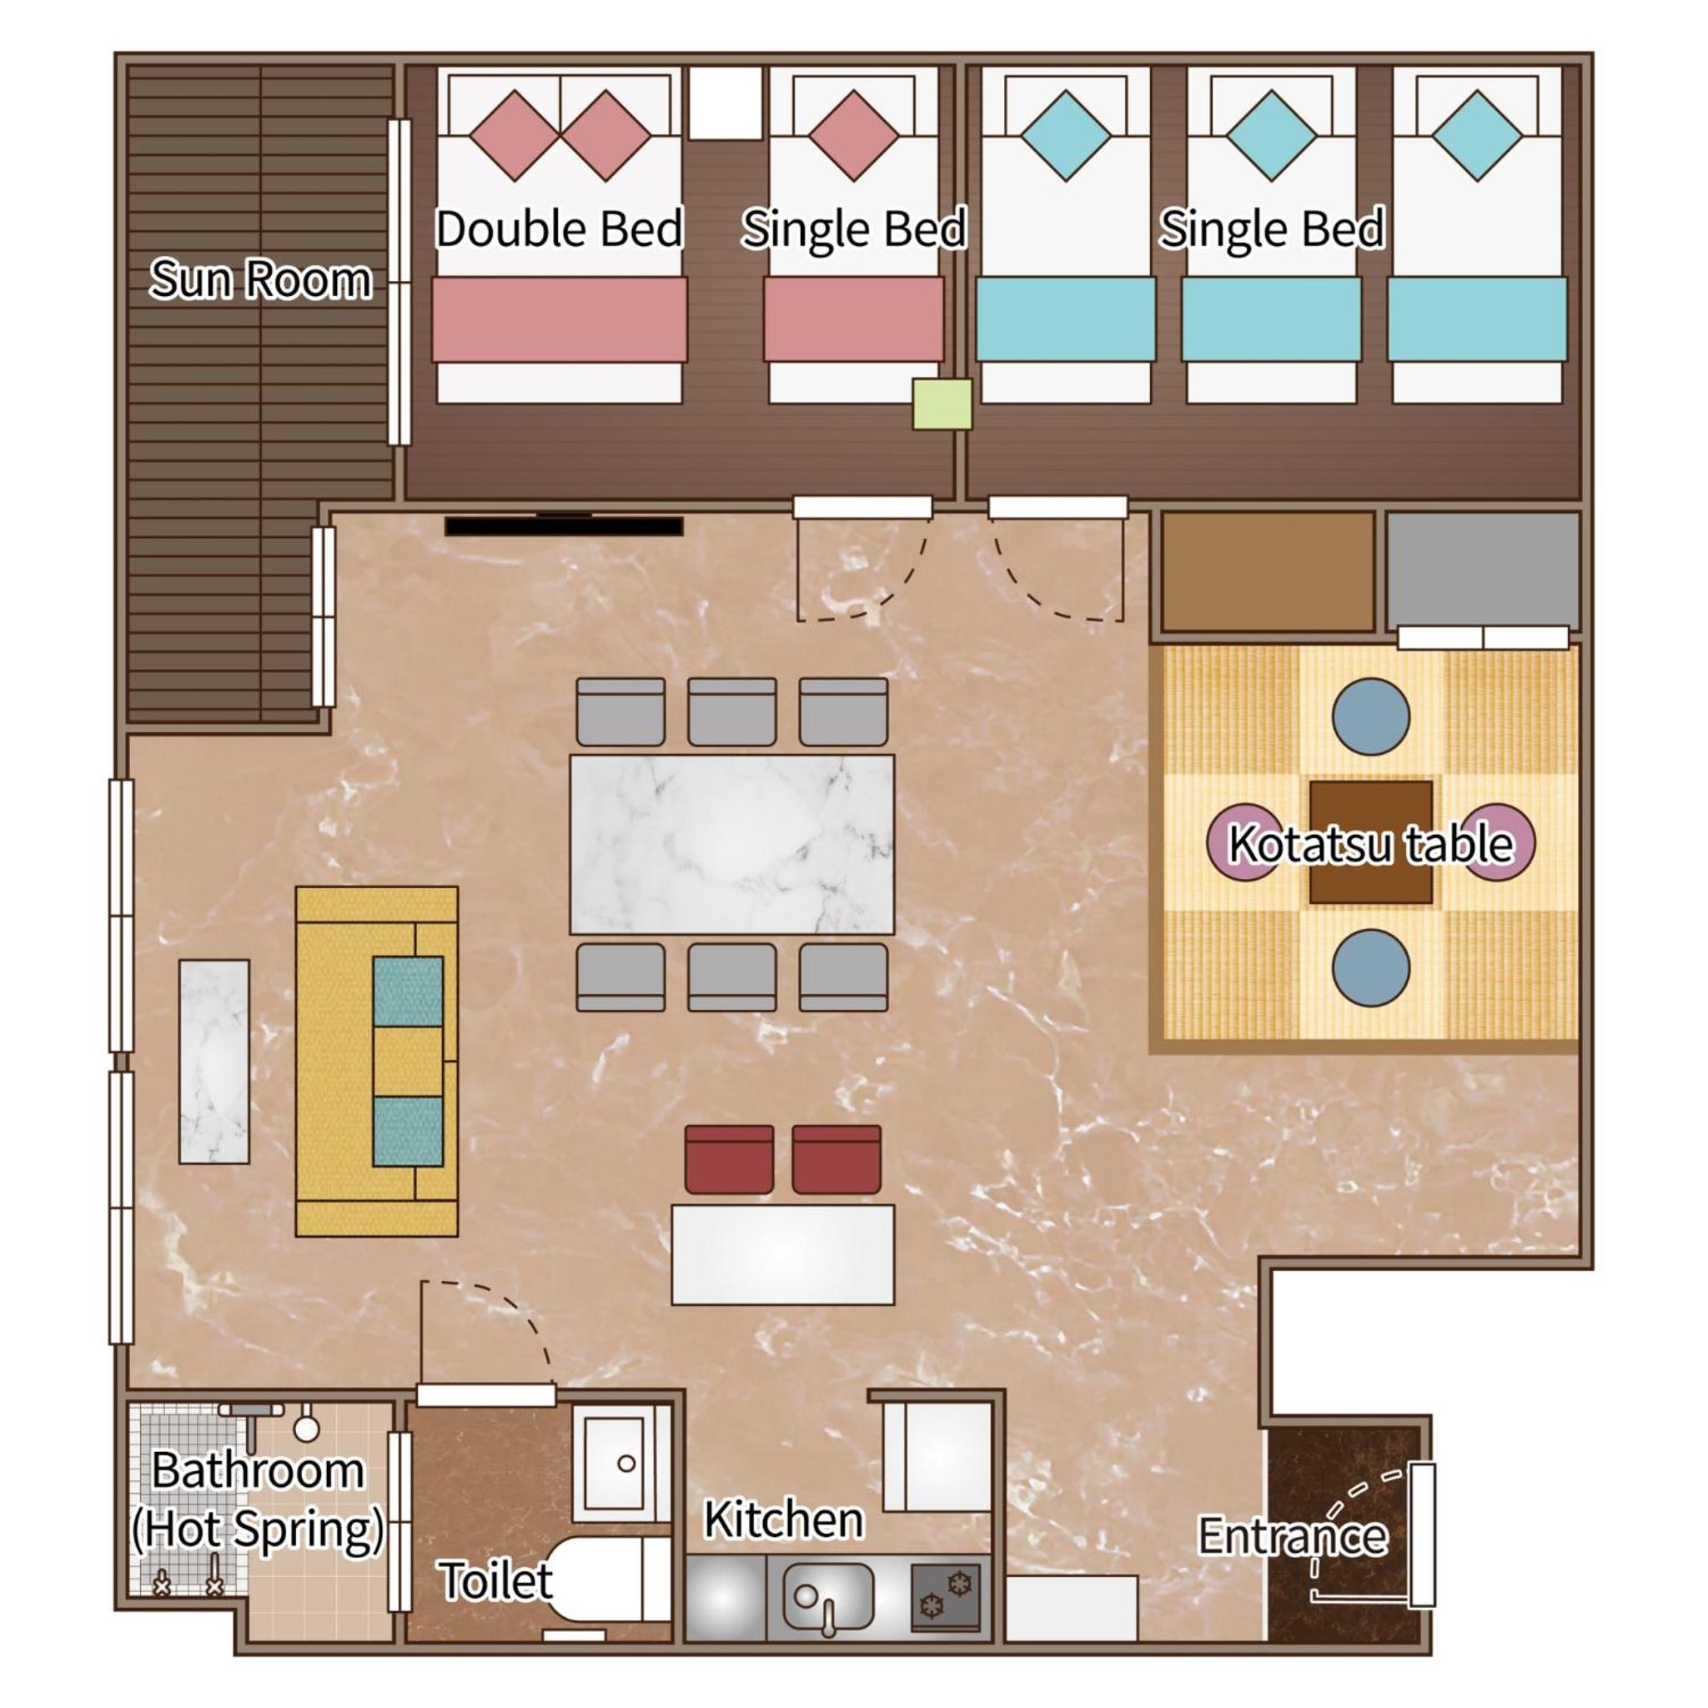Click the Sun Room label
click(x=261, y=279)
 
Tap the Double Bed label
click(x=560, y=229)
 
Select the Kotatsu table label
click(x=1370, y=843)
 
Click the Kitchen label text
click(x=783, y=1520)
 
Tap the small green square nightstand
click(x=942, y=404)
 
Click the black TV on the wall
click(x=564, y=526)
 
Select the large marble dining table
click(x=732, y=844)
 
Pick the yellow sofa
click(x=377, y=1061)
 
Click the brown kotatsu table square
click(x=1370, y=841)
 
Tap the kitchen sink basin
click(x=828, y=1596)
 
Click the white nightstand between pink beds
click(x=725, y=103)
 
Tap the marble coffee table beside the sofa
click(x=214, y=1061)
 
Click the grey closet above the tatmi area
click(x=1483, y=572)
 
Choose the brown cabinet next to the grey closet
click(x=1268, y=572)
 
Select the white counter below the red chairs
click(x=782, y=1254)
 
